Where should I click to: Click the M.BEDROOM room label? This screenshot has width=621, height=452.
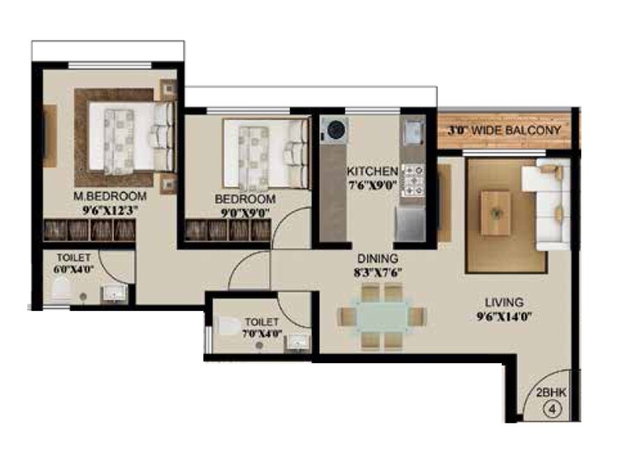coord(110,196)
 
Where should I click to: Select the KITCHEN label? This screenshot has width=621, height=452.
coord(373,171)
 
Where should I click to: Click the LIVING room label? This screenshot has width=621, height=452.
coord(503,303)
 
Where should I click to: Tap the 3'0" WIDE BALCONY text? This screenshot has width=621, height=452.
coord(503,130)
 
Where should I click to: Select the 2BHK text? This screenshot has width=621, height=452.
coord(552,393)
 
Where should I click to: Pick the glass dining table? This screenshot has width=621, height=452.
coord(382,317)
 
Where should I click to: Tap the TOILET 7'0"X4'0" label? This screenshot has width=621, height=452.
coord(263,328)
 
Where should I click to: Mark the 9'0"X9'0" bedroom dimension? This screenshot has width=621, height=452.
coord(245,211)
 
